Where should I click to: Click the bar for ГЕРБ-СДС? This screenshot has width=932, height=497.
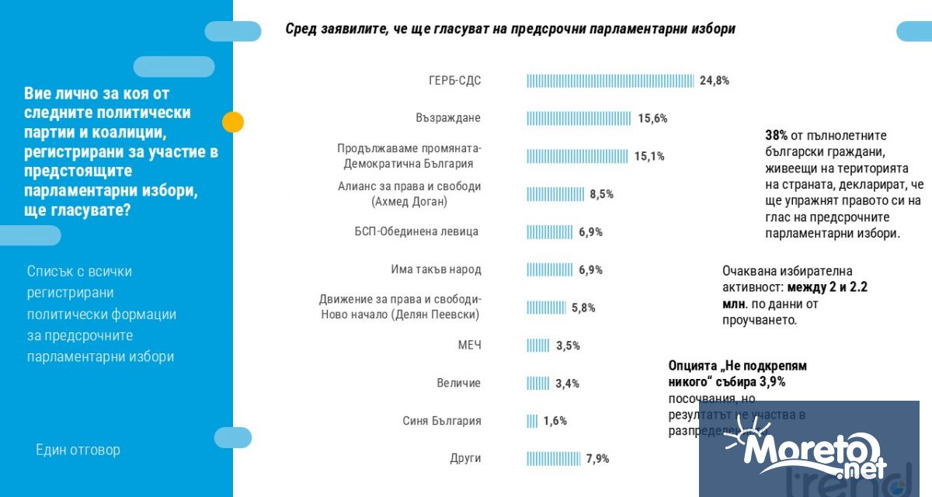[x=610, y=80]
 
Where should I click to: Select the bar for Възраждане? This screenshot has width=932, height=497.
[x=579, y=118]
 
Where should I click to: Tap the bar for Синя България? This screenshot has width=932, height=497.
[x=532, y=421]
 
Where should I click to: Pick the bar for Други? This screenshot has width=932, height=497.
[x=554, y=459]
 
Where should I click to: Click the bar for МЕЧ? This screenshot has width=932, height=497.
[x=538, y=346]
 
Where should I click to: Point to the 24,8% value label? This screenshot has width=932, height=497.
[x=714, y=80]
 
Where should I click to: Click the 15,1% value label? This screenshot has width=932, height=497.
[x=649, y=156]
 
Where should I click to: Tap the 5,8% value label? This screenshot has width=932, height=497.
[x=583, y=308]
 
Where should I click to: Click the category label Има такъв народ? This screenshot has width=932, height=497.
[x=436, y=269]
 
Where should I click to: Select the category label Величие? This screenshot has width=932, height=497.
[x=458, y=383]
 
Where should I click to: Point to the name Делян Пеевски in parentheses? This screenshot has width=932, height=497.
[x=435, y=315]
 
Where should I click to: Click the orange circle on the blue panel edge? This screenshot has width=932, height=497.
[x=233, y=122]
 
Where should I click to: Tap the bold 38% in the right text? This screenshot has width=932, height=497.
[x=777, y=135]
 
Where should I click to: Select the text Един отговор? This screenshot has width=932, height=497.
[x=78, y=450]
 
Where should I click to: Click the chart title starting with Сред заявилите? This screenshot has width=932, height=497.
[x=509, y=30]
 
